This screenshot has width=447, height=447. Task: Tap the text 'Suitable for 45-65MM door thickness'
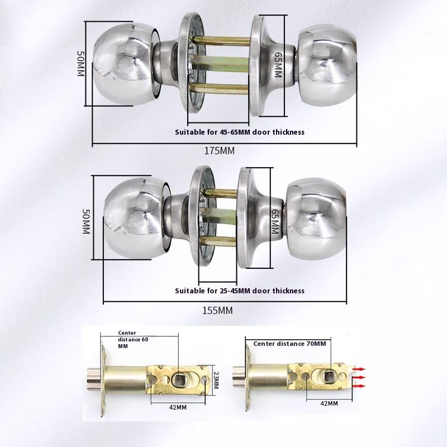240,132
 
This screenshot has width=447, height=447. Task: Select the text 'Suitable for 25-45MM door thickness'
240,291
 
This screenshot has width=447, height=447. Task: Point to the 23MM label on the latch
216,382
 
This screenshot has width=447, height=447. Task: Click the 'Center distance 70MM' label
289,344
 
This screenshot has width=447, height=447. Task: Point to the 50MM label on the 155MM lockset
86,221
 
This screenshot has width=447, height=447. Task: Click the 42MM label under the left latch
177,407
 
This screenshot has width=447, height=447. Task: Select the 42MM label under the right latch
329,403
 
